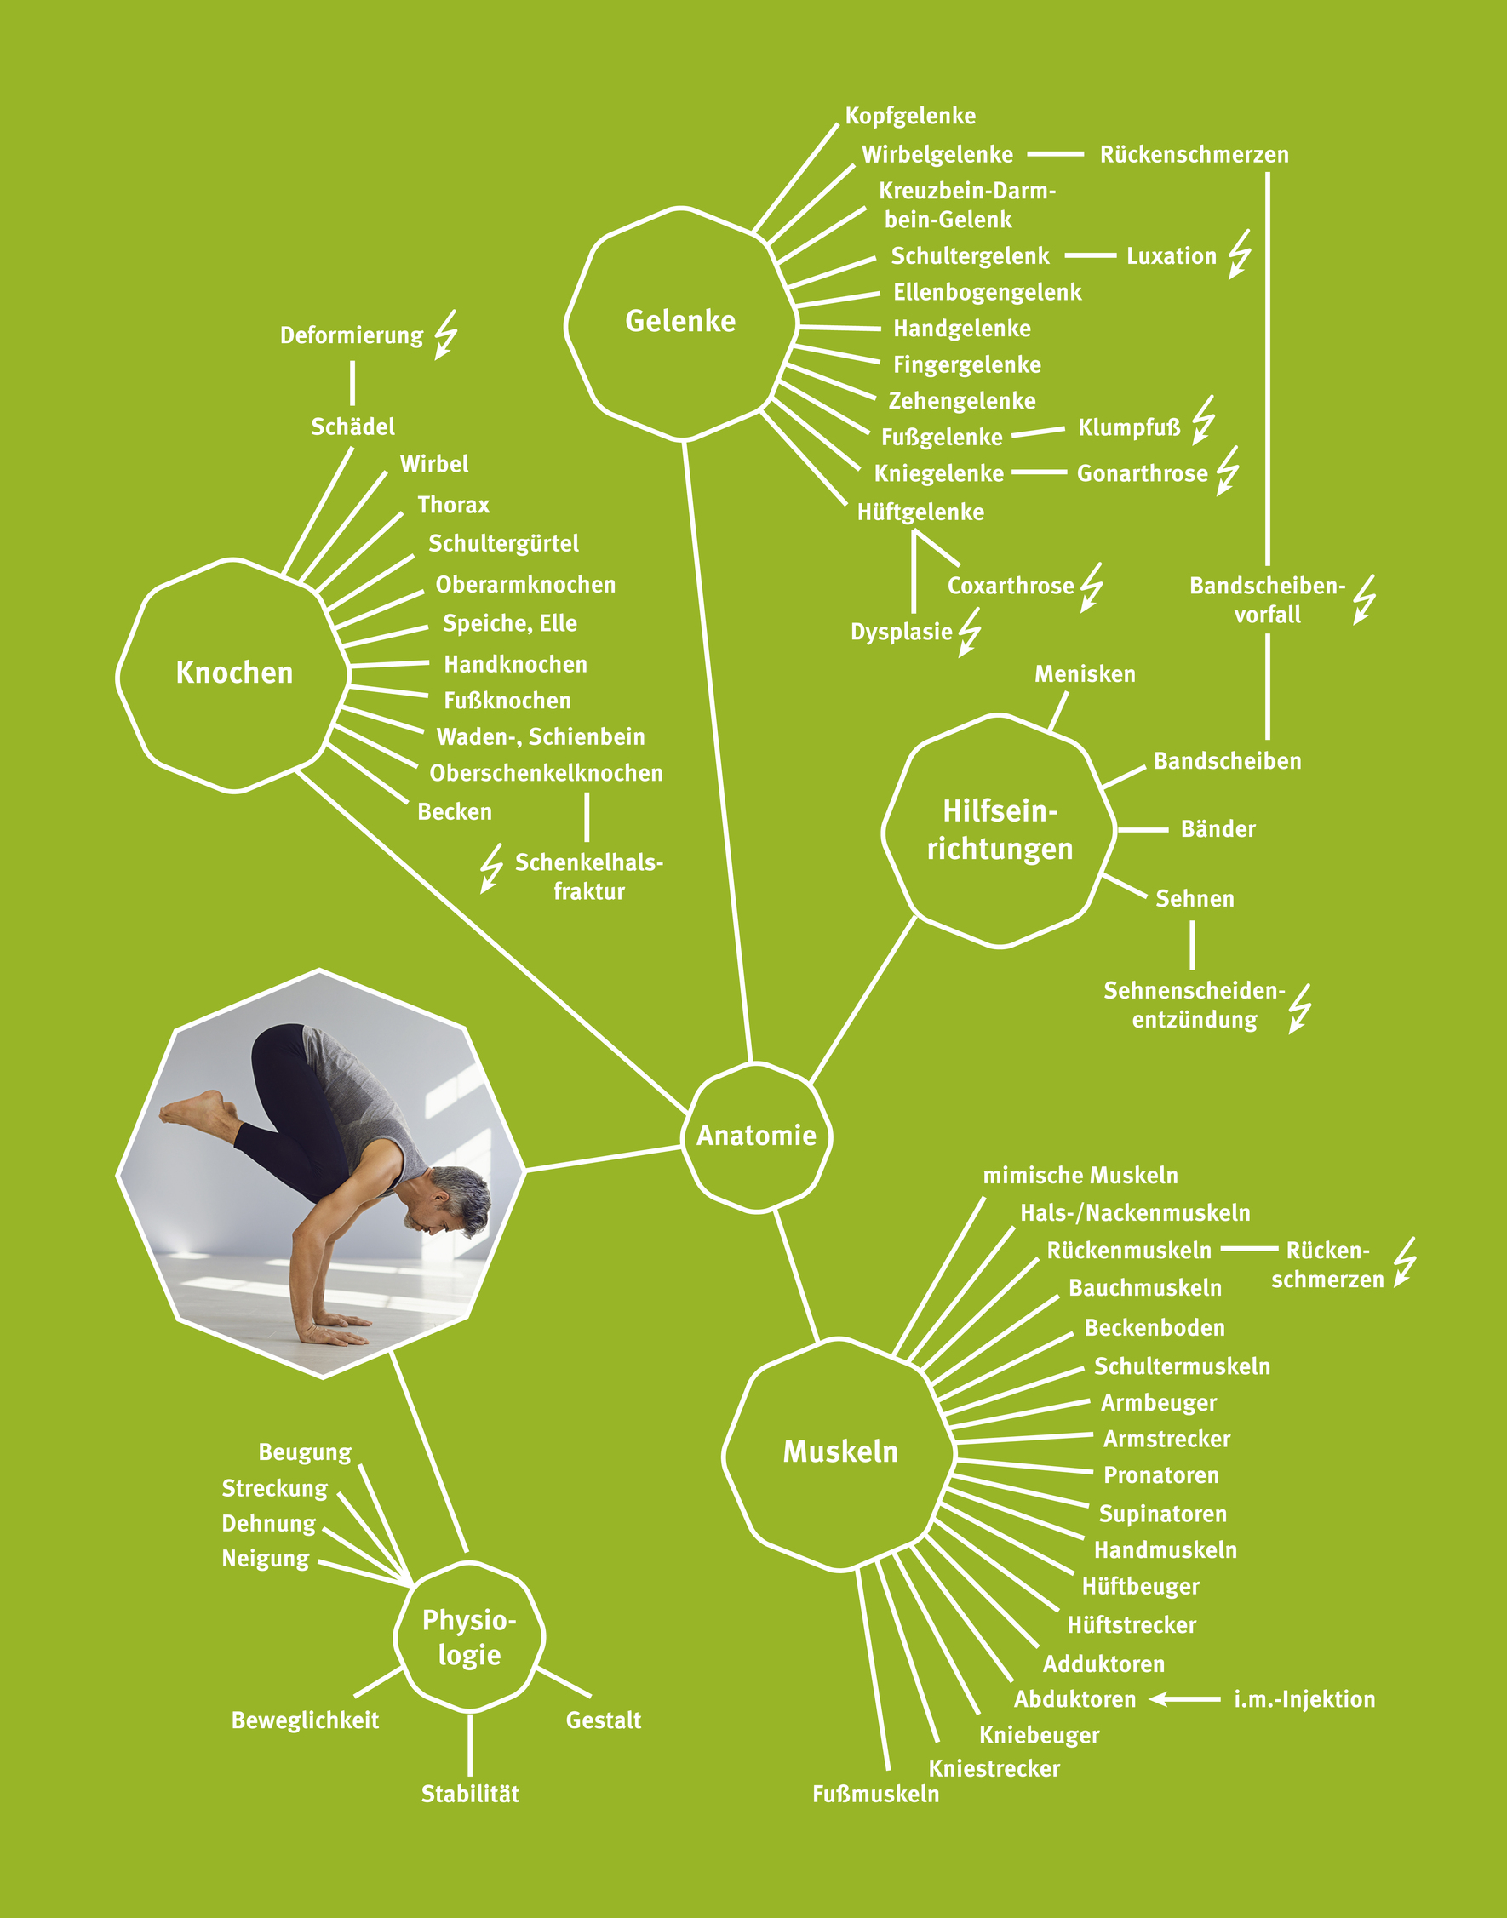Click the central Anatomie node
tap(756, 1136)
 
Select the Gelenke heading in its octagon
tap(680, 321)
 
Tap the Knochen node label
tap(234, 673)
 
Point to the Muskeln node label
tap(840, 1451)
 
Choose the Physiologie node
tap(469, 1637)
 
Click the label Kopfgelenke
tap(909, 116)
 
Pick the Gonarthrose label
tap(1142, 474)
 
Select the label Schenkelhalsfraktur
tap(588, 876)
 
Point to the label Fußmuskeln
tap(875, 1794)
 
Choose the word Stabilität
tap(469, 1794)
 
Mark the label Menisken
tap(1085, 674)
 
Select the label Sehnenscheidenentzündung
tap(1194, 1005)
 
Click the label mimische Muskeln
tap(1080, 1175)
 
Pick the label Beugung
tap(305, 1452)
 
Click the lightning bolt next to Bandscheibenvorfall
tap(1364, 599)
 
